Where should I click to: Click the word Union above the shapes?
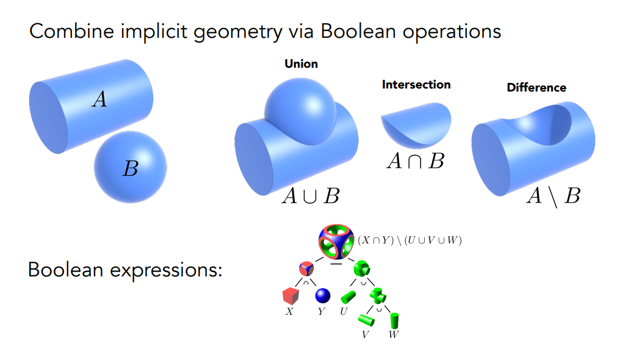(x=301, y=63)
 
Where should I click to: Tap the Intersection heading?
(x=416, y=85)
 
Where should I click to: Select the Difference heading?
(x=536, y=87)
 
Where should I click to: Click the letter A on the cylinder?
(x=99, y=99)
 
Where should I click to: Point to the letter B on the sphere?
(x=131, y=169)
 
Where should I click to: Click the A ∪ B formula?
(x=311, y=196)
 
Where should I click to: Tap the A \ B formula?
(x=553, y=196)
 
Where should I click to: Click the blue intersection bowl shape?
(x=416, y=125)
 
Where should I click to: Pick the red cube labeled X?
(x=290, y=297)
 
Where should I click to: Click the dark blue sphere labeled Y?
(x=323, y=295)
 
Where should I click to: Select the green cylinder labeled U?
(x=348, y=297)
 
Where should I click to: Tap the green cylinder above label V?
(x=366, y=320)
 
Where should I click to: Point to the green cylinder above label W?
(x=395, y=320)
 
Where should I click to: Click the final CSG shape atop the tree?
(x=336, y=242)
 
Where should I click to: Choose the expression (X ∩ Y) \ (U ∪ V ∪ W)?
(x=409, y=240)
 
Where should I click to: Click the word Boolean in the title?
(x=358, y=31)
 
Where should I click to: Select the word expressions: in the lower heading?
(x=166, y=271)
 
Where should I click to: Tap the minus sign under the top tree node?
(x=336, y=264)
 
